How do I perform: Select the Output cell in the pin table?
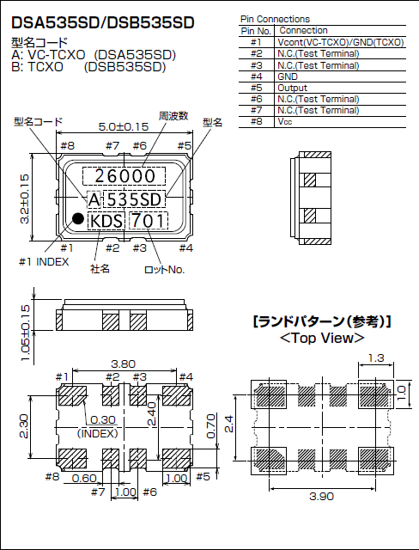(x=292, y=88)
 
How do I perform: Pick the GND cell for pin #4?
(x=288, y=76)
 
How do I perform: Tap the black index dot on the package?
(x=76, y=220)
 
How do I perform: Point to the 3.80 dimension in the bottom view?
(x=124, y=364)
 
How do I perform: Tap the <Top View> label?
(x=321, y=338)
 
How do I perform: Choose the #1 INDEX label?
(x=43, y=261)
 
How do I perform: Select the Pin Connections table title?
(x=276, y=19)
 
